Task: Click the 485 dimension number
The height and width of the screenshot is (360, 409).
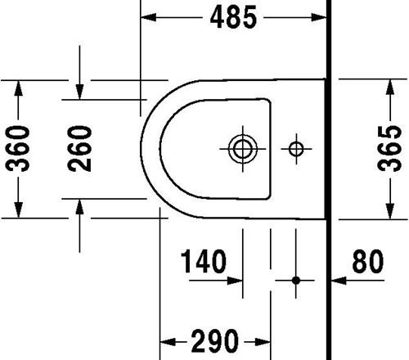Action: click(233, 17)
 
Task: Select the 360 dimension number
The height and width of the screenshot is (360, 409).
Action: click(18, 149)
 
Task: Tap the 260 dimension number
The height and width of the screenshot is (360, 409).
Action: click(79, 149)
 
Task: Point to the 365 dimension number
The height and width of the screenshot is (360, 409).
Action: click(389, 148)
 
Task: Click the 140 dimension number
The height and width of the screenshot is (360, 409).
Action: click(204, 261)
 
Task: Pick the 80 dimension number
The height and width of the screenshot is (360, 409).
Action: click(368, 261)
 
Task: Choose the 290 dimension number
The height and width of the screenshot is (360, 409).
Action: click(215, 341)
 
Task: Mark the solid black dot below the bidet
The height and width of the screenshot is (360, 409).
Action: click(296, 280)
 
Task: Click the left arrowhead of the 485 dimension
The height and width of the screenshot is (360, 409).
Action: click(148, 17)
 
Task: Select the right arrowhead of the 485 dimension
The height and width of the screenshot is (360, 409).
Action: click(319, 17)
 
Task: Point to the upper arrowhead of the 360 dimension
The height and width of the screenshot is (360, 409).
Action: click(18, 88)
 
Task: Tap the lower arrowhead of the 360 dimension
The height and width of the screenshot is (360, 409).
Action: click(18, 210)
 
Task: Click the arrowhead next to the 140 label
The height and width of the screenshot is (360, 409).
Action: click(235, 281)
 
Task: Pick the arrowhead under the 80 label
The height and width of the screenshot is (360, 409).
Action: click(339, 281)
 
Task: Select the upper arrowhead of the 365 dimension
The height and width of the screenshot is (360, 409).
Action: click(390, 87)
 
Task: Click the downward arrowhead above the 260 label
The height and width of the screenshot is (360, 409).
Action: click(79, 92)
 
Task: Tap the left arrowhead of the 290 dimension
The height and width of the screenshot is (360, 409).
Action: click(168, 341)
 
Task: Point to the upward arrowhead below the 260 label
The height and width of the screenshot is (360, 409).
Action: click(79, 207)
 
